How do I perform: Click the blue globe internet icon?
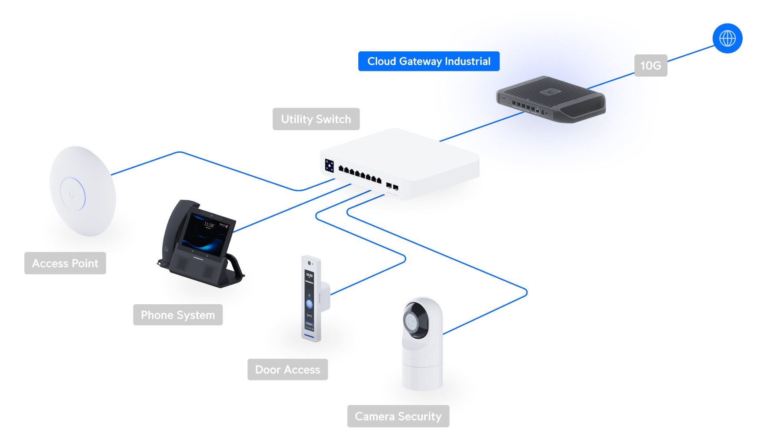(727, 38)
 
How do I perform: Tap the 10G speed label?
(651, 66)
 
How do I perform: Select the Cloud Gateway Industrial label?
(428, 61)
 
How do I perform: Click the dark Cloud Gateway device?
(551, 100)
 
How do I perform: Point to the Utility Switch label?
(316, 119)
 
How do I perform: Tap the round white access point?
(82, 191)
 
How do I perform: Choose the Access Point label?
(65, 263)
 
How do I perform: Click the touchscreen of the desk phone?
(207, 234)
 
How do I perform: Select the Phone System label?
(178, 315)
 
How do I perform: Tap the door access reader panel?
(310, 299)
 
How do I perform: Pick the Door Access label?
(287, 370)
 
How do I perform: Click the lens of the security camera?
(411, 322)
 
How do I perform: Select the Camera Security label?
(398, 417)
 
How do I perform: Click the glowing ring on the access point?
(73, 195)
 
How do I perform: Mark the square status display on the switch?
(330, 166)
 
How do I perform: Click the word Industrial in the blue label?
(467, 61)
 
